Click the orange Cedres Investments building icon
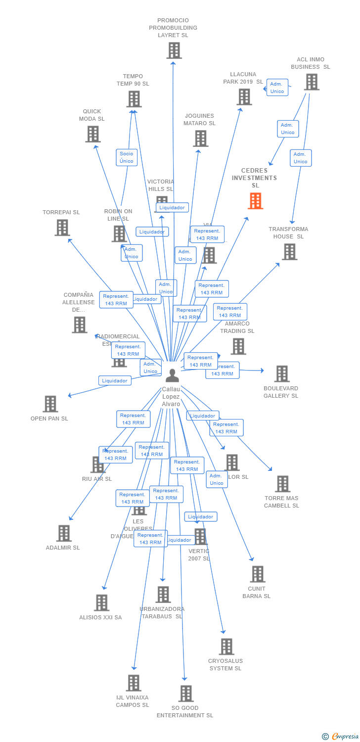point(255,201)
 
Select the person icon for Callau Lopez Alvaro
point(172,375)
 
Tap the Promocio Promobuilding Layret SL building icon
point(174,50)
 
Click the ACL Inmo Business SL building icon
point(311,82)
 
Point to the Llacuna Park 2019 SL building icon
point(244,97)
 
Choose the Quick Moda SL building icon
point(92,134)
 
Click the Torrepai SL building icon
point(62,228)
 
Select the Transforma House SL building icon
point(289,252)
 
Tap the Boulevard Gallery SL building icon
point(282,374)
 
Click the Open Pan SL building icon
point(50,404)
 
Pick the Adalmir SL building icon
point(63,533)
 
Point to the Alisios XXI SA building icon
point(101,603)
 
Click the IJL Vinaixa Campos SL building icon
point(133,683)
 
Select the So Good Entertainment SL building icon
point(185,694)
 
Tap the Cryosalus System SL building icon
point(226,647)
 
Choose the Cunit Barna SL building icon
point(257,574)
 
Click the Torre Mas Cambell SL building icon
point(282,484)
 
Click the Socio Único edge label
point(126,157)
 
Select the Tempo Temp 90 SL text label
point(133,80)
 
